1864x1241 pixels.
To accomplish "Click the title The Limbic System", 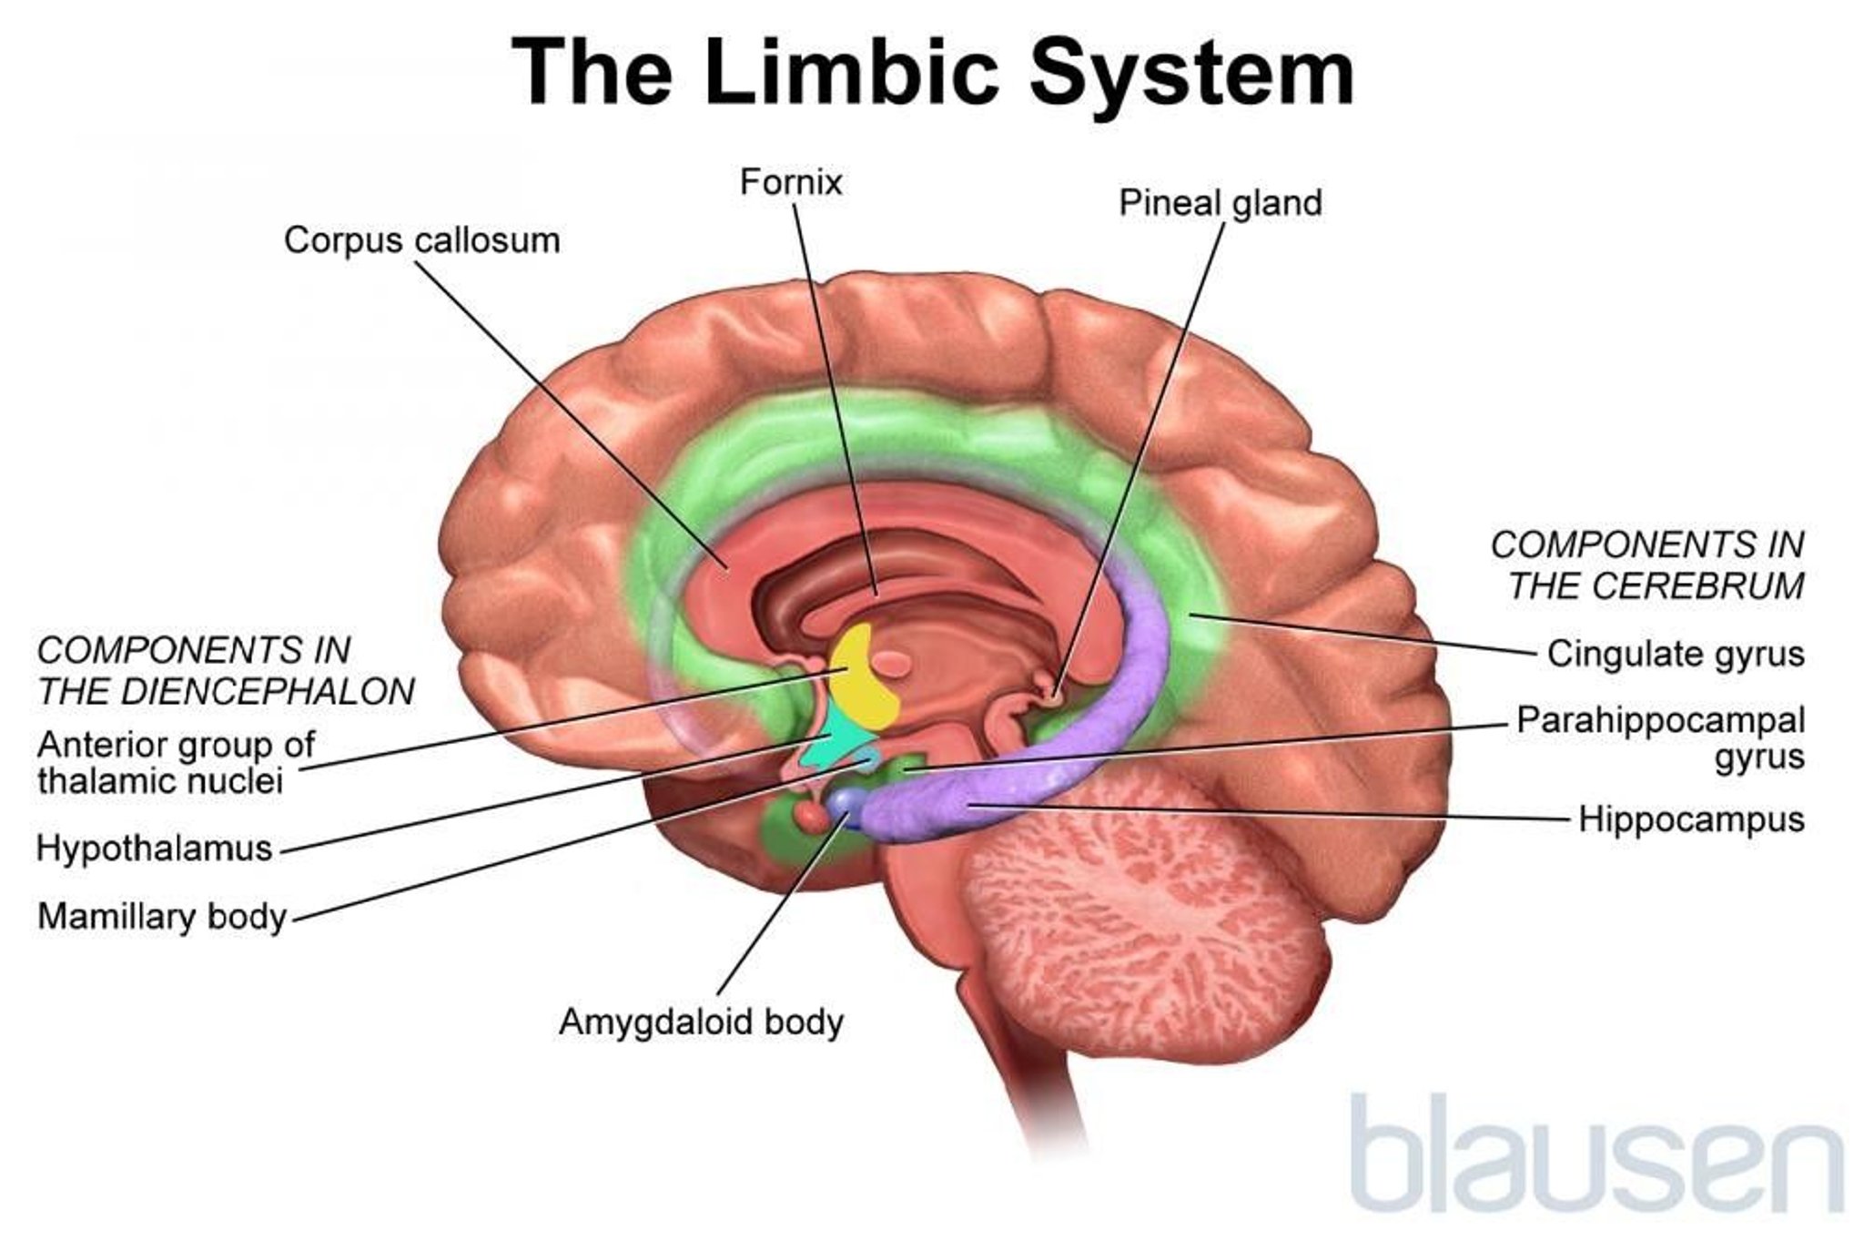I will pyautogui.click(x=932, y=73).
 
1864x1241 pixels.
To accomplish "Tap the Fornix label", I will pyautogui.click(x=790, y=182).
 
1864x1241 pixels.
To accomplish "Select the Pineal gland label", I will pyautogui.click(x=1220, y=203).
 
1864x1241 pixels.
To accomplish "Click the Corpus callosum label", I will pyautogui.click(x=421, y=241).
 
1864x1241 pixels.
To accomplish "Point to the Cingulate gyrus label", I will pyautogui.click(x=1675, y=654).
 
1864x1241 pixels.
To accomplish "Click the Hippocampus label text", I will pyautogui.click(x=1690, y=819).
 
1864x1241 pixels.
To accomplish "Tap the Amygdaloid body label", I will pyautogui.click(x=701, y=1022).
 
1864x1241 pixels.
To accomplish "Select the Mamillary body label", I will pyautogui.click(x=162, y=916).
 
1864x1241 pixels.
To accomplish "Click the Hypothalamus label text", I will pyautogui.click(x=155, y=849).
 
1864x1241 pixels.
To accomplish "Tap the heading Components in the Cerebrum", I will pyautogui.click(x=1647, y=565).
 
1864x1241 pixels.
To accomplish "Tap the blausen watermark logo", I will pyautogui.click(x=1593, y=1156).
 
